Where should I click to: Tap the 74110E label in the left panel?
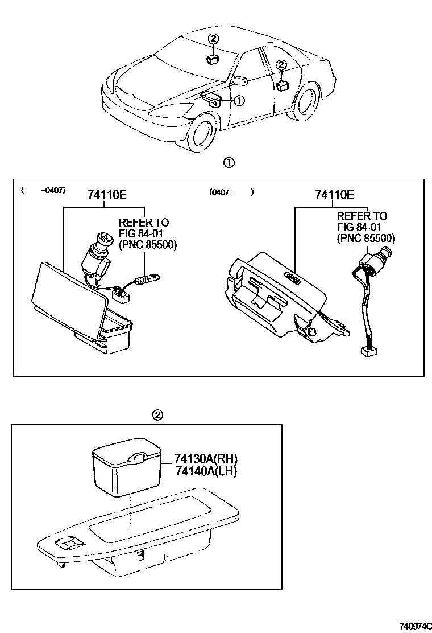(x=106, y=195)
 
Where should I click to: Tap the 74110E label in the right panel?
(x=335, y=195)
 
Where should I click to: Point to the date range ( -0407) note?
(x=43, y=190)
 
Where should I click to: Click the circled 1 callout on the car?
(x=239, y=100)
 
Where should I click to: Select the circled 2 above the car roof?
(x=213, y=39)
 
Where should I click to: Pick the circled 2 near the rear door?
(x=281, y=65)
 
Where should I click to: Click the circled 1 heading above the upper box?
(x=229, y=163)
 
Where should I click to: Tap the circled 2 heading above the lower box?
(x=158, y=415)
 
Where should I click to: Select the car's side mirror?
(x=239, y=80)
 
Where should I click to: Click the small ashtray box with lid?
(x=127, y=469)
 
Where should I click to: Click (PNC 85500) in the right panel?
(x=366, y=239)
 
